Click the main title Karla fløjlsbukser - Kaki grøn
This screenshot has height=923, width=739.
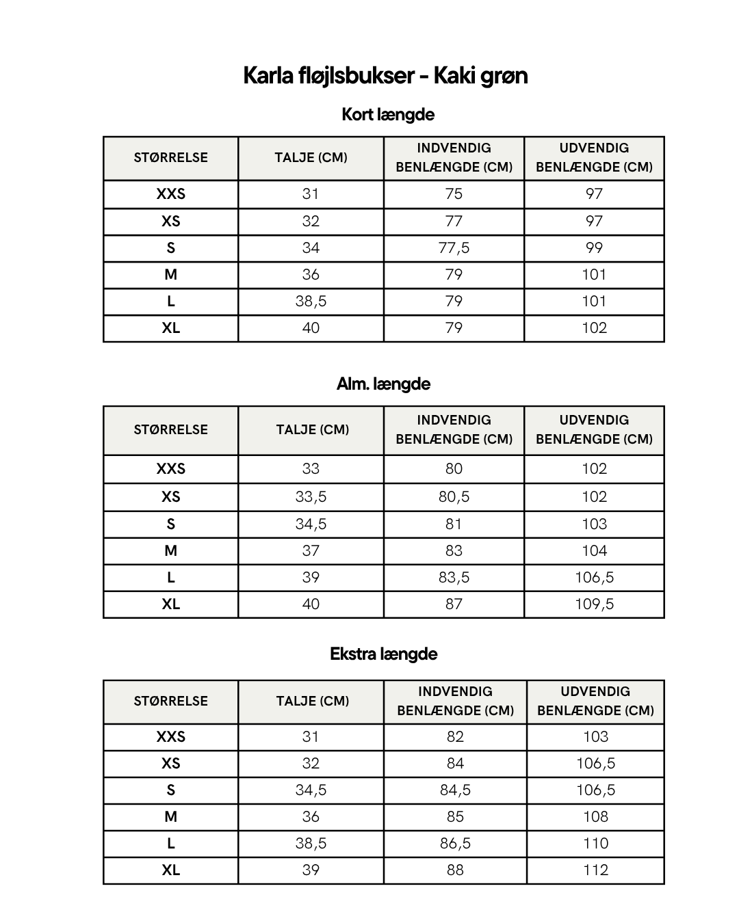tap(385, 75)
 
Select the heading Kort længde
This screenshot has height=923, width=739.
tap(387, 114)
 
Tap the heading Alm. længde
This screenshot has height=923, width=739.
tap(383, 384)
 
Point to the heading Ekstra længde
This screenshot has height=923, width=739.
tap(383, 654)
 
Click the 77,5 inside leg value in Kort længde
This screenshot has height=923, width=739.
tap(454, 248)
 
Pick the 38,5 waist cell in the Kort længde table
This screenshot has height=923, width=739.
tap(311, 301)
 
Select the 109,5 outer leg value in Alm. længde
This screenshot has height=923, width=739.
tap(594, 604)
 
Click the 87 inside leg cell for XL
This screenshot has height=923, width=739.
tap(454, 604)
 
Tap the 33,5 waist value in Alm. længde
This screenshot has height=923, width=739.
tap(311, 496)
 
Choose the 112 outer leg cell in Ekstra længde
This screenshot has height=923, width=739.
tap(595, 870)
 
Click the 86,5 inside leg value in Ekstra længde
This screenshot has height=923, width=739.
tap(455, 843)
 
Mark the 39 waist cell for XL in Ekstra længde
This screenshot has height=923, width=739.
tap(311, 870)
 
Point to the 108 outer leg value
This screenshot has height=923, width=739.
tap(595, 816)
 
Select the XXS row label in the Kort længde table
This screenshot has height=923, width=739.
tap(171, 193)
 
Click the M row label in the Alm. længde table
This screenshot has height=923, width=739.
tap(171, 550)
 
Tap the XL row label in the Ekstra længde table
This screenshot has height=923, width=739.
tap(171, 870)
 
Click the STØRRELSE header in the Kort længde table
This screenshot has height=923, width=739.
tap(171, 157)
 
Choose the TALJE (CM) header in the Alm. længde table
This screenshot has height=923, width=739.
tap(312, 429)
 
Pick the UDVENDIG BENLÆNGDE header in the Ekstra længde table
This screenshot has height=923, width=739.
tap(595, 701)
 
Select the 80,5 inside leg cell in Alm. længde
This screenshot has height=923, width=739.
tap(454, 496)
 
